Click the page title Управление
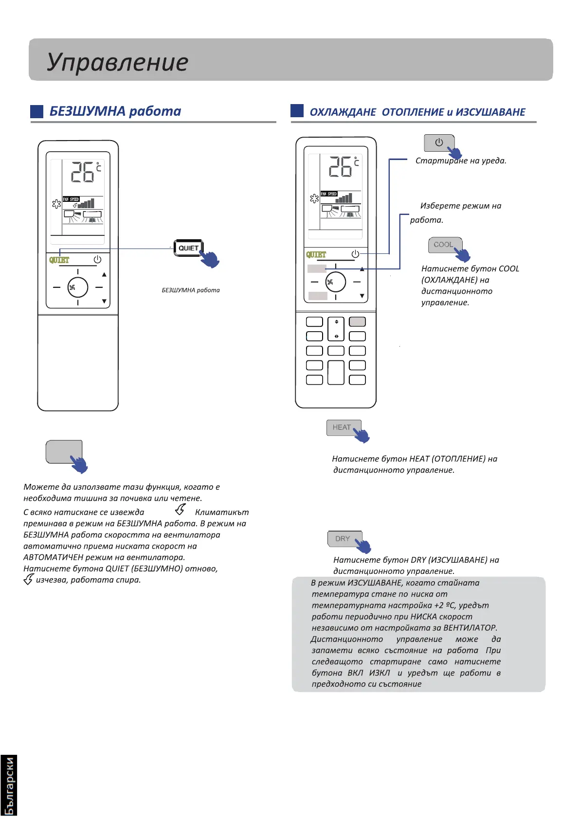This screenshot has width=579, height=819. pos(117,62)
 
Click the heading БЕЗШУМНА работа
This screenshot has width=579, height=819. pos(115,111)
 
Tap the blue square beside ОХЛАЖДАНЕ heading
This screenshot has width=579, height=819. pos(297,111)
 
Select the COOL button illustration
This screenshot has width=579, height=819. pos(443,245)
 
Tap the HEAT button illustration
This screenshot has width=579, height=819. pos(342,427)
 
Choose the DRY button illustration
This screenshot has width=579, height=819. pos(343,538)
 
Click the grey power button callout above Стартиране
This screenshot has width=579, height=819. pos(439,142)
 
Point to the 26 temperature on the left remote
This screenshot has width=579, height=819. pos(83,172)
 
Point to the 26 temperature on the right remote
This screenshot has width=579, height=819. pos(341,167)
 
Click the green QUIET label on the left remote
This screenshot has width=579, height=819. pos(59,260)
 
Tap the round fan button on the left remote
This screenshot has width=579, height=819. pos(77,287)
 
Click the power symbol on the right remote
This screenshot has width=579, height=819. pos(355,254)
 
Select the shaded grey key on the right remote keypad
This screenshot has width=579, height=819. pos(357,321)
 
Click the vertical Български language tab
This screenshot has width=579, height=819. pos(9,785)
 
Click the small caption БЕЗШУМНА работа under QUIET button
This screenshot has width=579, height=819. pos(191,290)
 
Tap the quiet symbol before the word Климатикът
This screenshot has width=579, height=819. pos(181,510)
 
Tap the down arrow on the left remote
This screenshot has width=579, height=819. pos(104,302)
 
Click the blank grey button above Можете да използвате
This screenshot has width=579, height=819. pos(64,452)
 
